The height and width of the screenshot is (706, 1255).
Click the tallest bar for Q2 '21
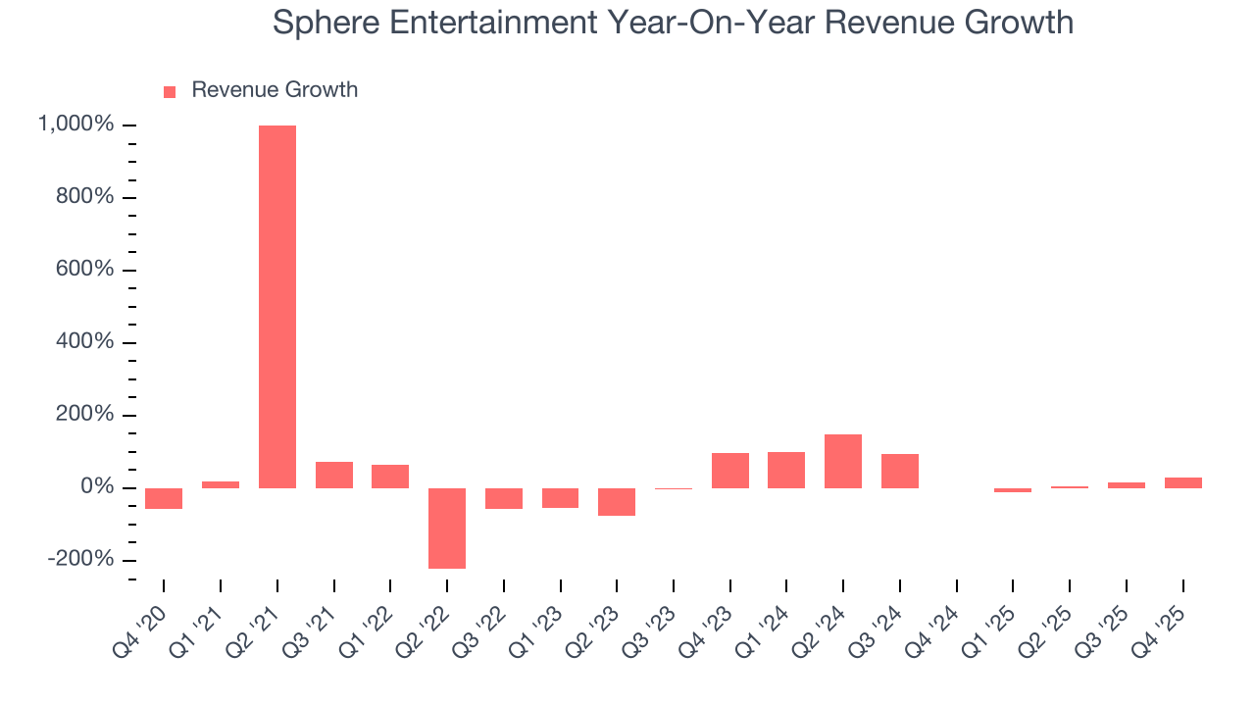click(x=277, y=306)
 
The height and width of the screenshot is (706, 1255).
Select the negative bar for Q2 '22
click(x=447, y=528)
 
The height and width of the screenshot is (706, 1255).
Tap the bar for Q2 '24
click(x=843, y=461)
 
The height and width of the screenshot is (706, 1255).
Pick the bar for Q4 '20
click(x=164, y=498)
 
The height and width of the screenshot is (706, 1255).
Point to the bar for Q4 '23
click(x=730, y=471)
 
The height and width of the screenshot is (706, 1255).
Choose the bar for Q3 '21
click(x=334, y=475)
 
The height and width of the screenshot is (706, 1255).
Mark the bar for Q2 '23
click(x=617, y=501)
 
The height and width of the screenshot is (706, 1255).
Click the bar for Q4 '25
click(x=1183, y=482)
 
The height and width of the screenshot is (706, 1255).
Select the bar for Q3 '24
click(x=900, y=471)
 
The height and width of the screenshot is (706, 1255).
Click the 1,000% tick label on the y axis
click(x=75, y=125)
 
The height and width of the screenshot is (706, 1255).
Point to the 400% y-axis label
click(x=85, y=342)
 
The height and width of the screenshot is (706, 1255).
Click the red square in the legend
click(x=170, y=91)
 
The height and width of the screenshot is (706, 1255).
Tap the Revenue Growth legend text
click(x=275, y=90)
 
